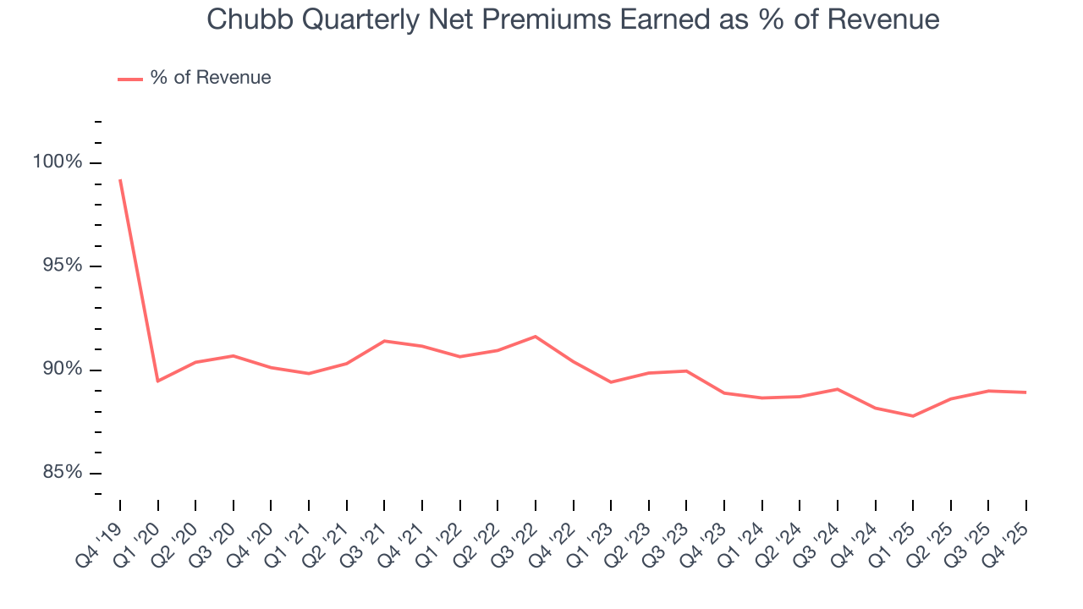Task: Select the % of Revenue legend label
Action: click(x=211, y=78)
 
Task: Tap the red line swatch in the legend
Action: click(x=130, y=79)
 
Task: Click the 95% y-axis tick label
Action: click(x=63, y=266)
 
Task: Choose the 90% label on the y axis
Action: click(x=63, y=370)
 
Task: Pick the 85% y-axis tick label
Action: click(x=63, y=473)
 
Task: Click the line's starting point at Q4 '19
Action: click(x=120, y=180)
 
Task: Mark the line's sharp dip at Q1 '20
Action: click(x=158, y=381)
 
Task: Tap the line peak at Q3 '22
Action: click(x=536, y=337)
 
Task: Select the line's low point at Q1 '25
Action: click(x=913, y=416)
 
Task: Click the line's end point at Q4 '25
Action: click(x=1026, y=392)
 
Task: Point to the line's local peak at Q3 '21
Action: click(x=384, y=341)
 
